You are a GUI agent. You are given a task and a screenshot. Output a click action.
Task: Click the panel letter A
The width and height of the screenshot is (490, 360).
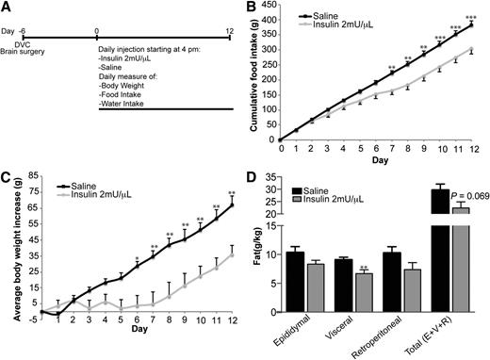tap(7, 8)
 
